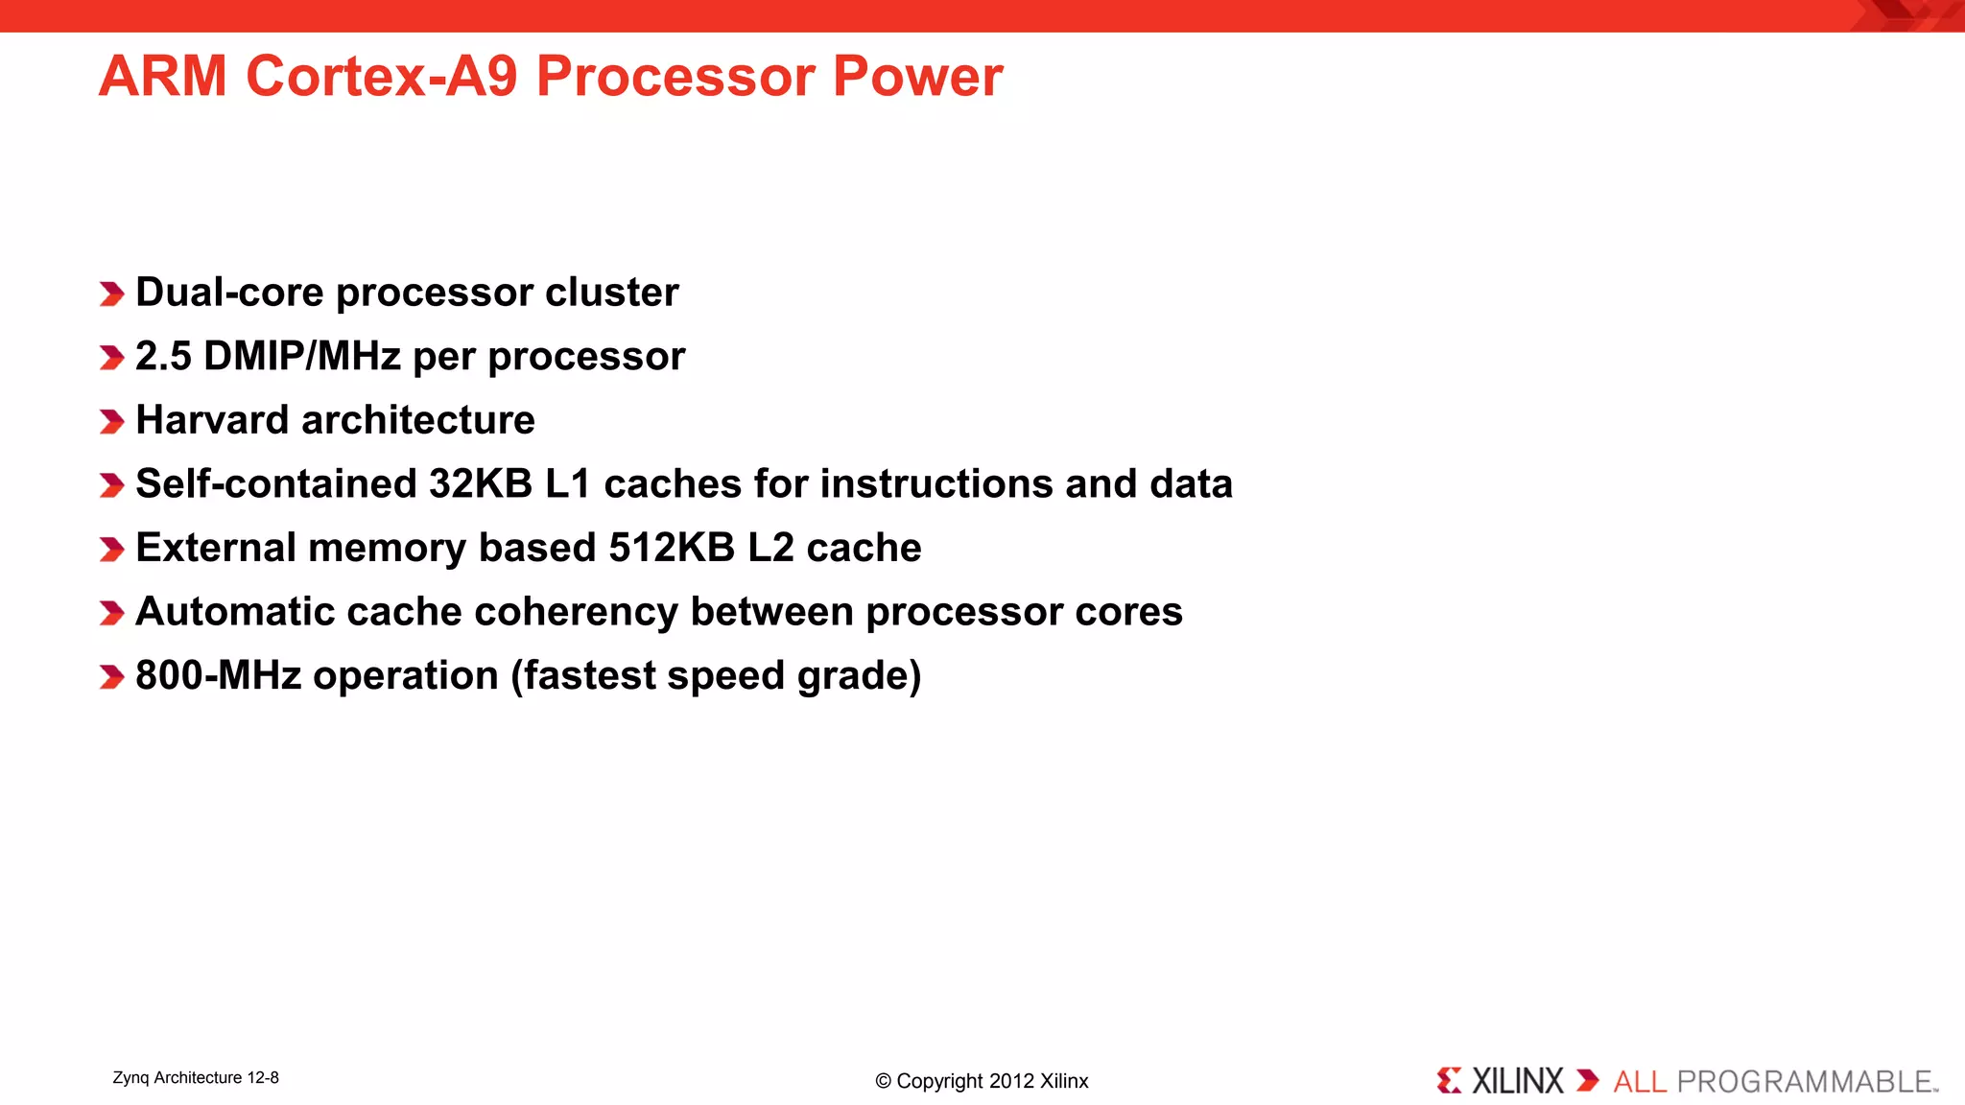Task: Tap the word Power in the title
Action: tap(917, 76)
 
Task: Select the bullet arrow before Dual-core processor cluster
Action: tap(111, 294)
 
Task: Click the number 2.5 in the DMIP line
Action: tap(163, 356)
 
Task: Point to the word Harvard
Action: tap(212, 420)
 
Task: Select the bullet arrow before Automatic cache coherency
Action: tap(111, 613)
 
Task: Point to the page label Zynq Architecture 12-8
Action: tap(196, 1077)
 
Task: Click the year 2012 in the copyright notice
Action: tap(1011, 1081)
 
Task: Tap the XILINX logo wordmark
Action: tap(1517, 1081)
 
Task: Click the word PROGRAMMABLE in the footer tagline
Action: tap(1804, 1082)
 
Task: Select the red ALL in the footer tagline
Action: tap(1640, 1082)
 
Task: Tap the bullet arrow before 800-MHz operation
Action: tap(111, 677)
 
